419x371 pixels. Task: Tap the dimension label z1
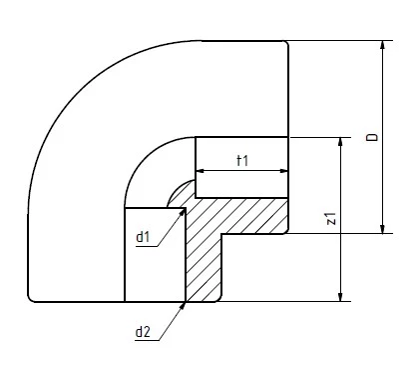(x=331, y=218)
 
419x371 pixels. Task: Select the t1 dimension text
(x=242, y=161)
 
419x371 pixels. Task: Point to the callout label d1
(x=143, y=237)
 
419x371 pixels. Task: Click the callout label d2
(x=143, y=332)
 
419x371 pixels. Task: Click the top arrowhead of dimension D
(x=382, y=45)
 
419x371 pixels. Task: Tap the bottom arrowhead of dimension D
(x=382, y=229)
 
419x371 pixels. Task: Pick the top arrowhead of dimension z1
(x=340, y=142)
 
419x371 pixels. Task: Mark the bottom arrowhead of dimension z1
(x=340, y=297)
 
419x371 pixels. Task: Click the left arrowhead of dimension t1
(x=201, y=171)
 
